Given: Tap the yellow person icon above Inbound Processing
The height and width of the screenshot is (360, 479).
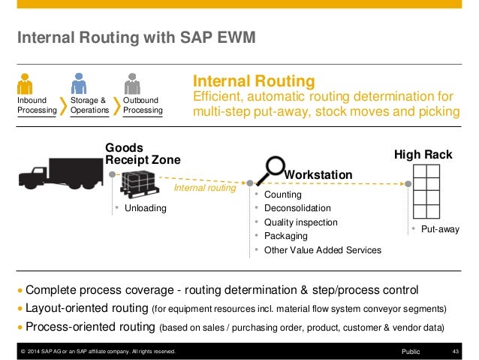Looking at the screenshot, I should [x=26, y=83].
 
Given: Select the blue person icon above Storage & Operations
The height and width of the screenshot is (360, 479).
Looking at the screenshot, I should [x=80, y=83].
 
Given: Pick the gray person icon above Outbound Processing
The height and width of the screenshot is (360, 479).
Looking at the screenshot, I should [x=133, y=83].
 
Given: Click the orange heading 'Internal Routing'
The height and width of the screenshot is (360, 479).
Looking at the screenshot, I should [x=254, y=80].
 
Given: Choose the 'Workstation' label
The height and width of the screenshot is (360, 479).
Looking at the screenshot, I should [x=318, y=174].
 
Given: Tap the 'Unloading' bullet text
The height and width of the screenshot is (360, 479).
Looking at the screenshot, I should [x=146, y=208].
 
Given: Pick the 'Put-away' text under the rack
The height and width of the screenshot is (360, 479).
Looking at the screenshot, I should [x=439, y=228].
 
